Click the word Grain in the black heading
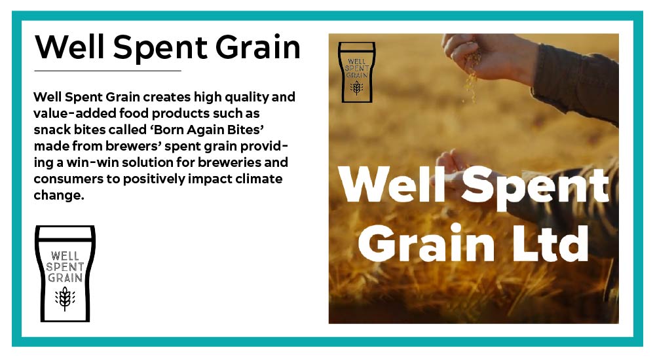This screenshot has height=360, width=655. click(258, 47)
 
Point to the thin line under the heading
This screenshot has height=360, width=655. click(107, 71)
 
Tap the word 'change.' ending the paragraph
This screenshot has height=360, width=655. click(59, 196)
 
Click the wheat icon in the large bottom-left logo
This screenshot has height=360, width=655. click(65, 298)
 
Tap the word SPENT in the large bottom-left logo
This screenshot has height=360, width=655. click(65, 266)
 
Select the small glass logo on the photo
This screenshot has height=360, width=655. click(357, 72)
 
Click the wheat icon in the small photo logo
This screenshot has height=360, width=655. click(356, 88)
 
